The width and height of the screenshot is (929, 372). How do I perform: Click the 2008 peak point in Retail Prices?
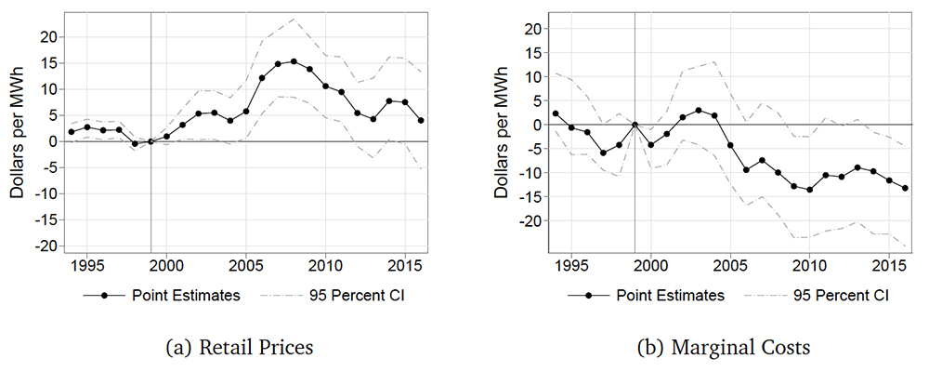tap(294, 61)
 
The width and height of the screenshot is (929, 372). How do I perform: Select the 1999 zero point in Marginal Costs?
tap(635, 125)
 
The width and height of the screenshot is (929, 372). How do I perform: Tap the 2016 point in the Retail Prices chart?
tap(421, 120)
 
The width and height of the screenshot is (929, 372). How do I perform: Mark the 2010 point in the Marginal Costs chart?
tap(809, 190)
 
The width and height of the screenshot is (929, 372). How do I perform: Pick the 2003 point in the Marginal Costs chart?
tap(699, 111)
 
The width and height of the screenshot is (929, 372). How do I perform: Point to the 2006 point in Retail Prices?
tap(262, 77)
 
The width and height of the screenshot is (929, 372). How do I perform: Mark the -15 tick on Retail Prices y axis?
tap(44, 219)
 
